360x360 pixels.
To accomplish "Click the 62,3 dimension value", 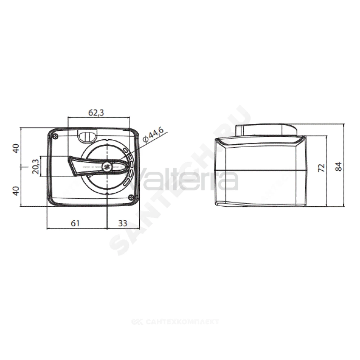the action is (x=96, y=112).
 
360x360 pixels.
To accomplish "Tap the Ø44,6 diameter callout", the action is (x=153, y=136).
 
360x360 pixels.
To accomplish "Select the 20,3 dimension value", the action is (x=36, y=166).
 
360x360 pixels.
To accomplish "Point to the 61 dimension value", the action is (x=75, y=223).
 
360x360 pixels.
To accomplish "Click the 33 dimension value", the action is (x=123, y=223).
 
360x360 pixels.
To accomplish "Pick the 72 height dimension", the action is (x=322, y=168).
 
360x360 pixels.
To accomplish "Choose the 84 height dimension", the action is (x=338, y=166).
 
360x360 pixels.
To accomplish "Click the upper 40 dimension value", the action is (x=15, y=148).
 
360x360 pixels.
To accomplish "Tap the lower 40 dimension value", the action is (x=15, y=191).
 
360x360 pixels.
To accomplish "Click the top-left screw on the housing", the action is (x=55, y=136).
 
